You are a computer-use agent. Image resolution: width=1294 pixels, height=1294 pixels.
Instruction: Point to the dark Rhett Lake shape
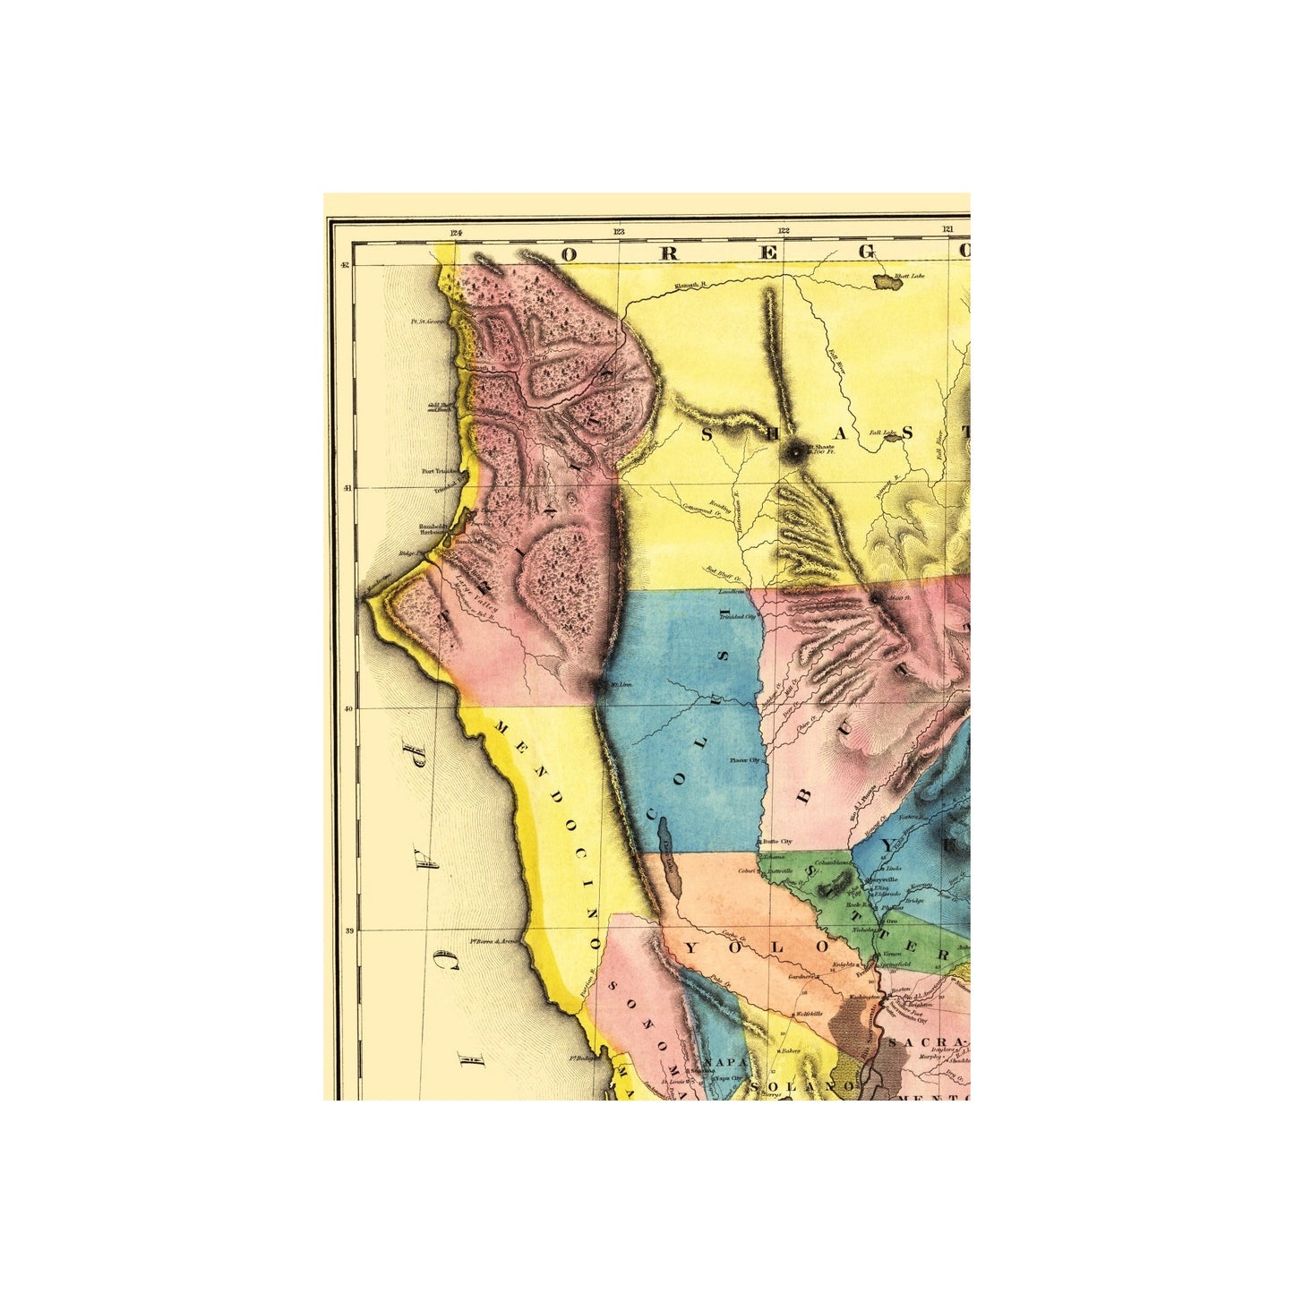889,283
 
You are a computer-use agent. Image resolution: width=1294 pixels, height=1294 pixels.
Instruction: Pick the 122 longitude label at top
784,231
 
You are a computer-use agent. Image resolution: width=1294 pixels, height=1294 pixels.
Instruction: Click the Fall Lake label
883,433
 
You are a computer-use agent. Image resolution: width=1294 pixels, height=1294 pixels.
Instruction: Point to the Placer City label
744,760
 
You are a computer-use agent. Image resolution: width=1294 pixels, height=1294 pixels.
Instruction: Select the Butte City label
776,842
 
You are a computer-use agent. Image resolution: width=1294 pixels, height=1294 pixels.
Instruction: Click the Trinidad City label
741,617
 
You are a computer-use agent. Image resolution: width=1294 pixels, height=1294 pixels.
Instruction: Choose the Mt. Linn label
620,686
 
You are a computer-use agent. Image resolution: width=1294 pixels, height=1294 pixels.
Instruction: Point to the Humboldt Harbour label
430,529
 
